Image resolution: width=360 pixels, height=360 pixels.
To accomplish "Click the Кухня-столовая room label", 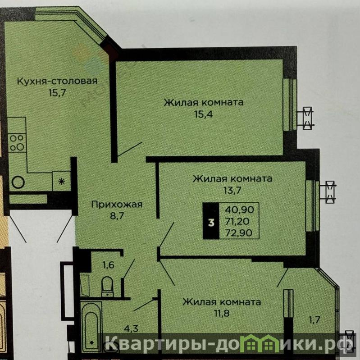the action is pyautogui.click(x=57, y=82).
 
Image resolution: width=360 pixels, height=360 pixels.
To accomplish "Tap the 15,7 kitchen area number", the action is pyautogui.click(x=57, y=93).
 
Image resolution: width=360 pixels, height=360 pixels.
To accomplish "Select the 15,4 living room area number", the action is pyautogui.click(x=203, y=114).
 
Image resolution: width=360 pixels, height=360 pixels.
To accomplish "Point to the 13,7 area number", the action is pyautogui.click(x=232, y=190).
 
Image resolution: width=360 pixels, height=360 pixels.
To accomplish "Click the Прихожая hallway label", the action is pyautogui.click(x=117, y=205).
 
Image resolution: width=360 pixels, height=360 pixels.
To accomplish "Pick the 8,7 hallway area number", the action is pyautogui.click(x=117, y=216).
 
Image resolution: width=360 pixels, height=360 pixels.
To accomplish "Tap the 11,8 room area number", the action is pyautogui.click(x=221, y=313).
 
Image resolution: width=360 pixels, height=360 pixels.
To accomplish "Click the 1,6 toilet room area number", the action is pyautogui.click(x=109, y=265).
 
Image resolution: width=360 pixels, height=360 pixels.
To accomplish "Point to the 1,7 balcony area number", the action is pyautogui.click(x=314, y=319).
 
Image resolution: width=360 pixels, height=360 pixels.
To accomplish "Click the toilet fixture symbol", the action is pyautogui.click(x=107, y=287).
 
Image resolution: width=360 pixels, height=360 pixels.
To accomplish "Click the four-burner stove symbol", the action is pyautogui.click(x=17, y=143).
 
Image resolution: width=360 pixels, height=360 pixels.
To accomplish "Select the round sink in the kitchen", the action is pyautogui.click(x=18, y=182).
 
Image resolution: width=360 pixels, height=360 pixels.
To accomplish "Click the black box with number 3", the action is pyautogui.click(x=211, y=221).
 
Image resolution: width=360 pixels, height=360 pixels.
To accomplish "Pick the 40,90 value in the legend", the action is pyautogui.click(x=239, y=210).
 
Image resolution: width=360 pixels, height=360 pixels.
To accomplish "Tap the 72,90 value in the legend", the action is pyautogui.click(x=239, y=233).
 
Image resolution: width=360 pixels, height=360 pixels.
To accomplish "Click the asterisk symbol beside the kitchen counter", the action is pyautogui.click(x=61, y=182).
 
